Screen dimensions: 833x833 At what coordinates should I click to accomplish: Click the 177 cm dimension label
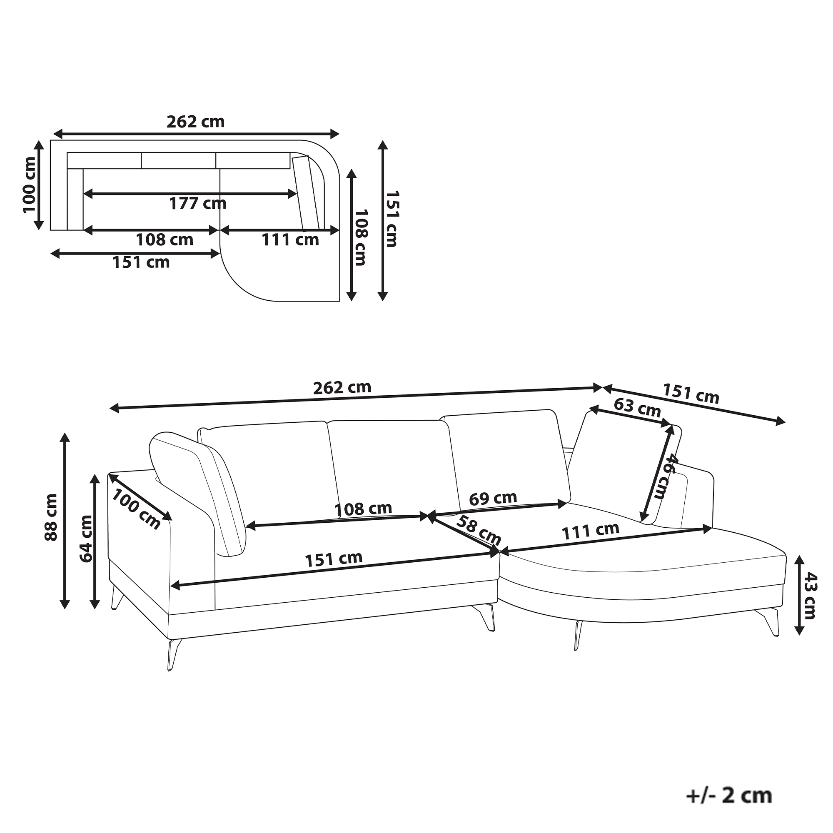click(x=197, y=204)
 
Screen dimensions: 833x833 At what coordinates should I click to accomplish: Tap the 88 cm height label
click(x=51, y=517)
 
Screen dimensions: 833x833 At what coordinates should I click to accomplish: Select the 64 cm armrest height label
click(x=86, y=539)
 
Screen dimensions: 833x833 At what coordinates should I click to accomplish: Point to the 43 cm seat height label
click(x=809, y=596)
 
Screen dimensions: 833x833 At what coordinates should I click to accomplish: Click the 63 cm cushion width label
click(x=637, y=407)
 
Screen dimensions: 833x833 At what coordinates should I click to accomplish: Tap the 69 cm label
click(x=493, y=499)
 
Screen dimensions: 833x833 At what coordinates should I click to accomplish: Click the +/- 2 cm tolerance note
click(x=728, y=796)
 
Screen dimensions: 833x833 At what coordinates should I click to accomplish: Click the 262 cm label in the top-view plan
click(x=196, y=122)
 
